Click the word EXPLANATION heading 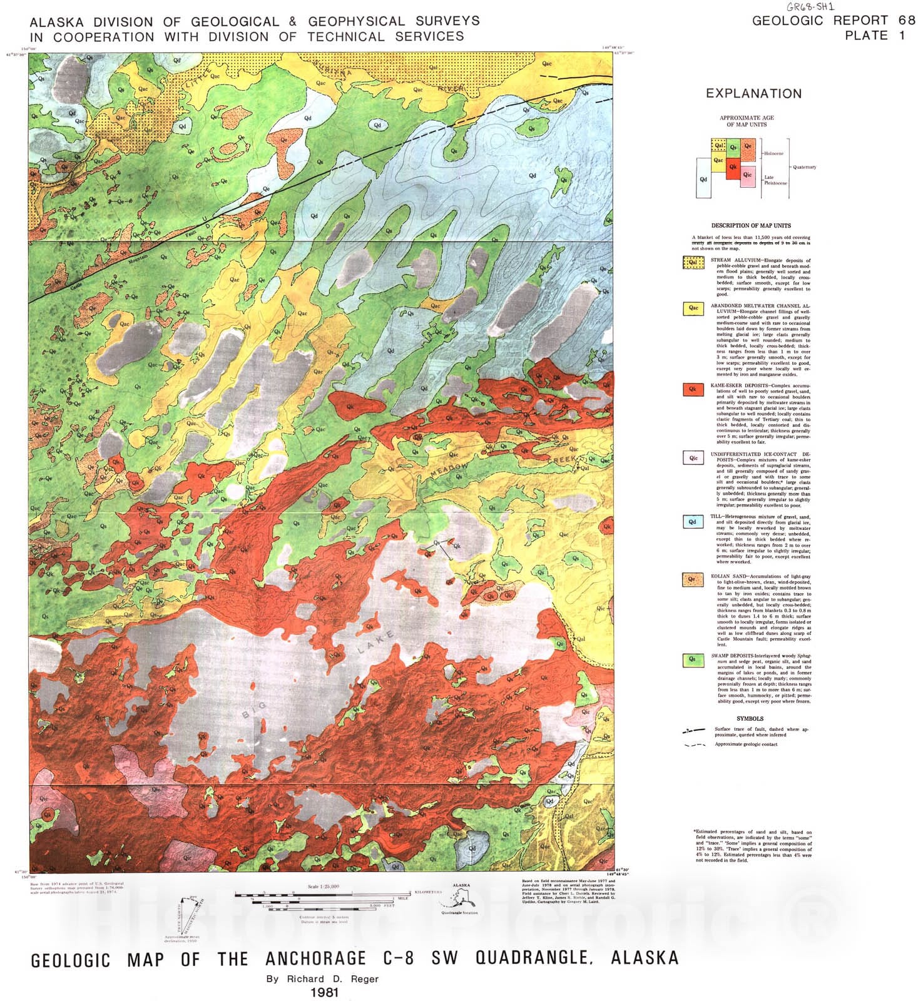click(753, 94)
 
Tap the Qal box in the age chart click(718, 146)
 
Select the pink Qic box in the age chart click(748, 175)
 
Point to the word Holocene click(773, 153)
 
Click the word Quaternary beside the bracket click(804, 167)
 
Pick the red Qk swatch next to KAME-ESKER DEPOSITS click(693, 389)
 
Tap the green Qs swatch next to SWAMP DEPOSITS click(693, 659)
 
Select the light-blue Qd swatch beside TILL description click(693, 521)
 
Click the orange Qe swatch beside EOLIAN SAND click(693, 579)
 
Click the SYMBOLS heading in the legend click(750, 719)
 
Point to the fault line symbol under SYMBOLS click(694, 730)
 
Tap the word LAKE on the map click(376, 643)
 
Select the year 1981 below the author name click(324, 992)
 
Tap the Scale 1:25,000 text click(324, 887)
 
